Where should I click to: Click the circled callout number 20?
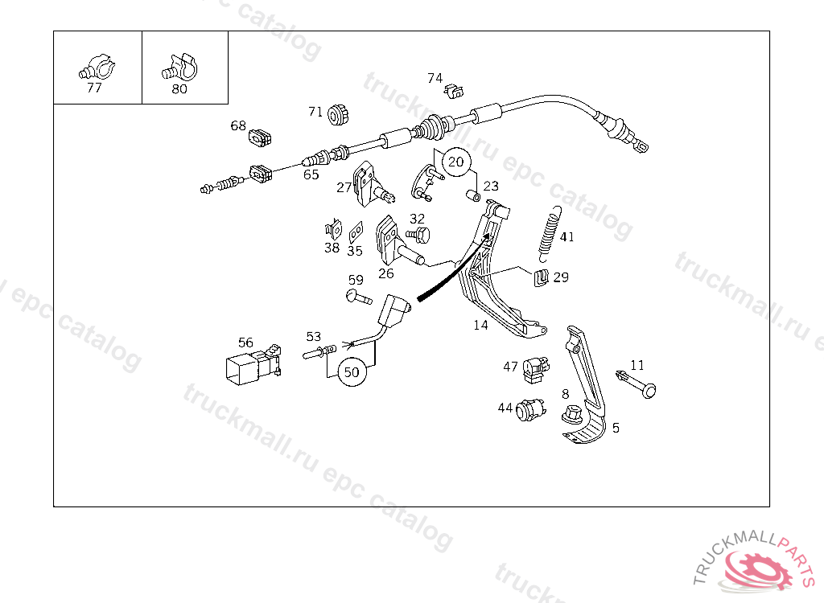[456, 162]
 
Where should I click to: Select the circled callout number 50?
[352, 372]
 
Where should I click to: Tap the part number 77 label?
[94, 88]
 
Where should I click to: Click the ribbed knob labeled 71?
[338, 114]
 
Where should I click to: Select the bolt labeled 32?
[418, 235]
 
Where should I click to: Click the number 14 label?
[480, 326]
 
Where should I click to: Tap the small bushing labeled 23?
[475, 195]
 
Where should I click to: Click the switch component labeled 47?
[535, 368]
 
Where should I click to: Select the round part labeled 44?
[529, 411]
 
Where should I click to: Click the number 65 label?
[311, 174]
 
